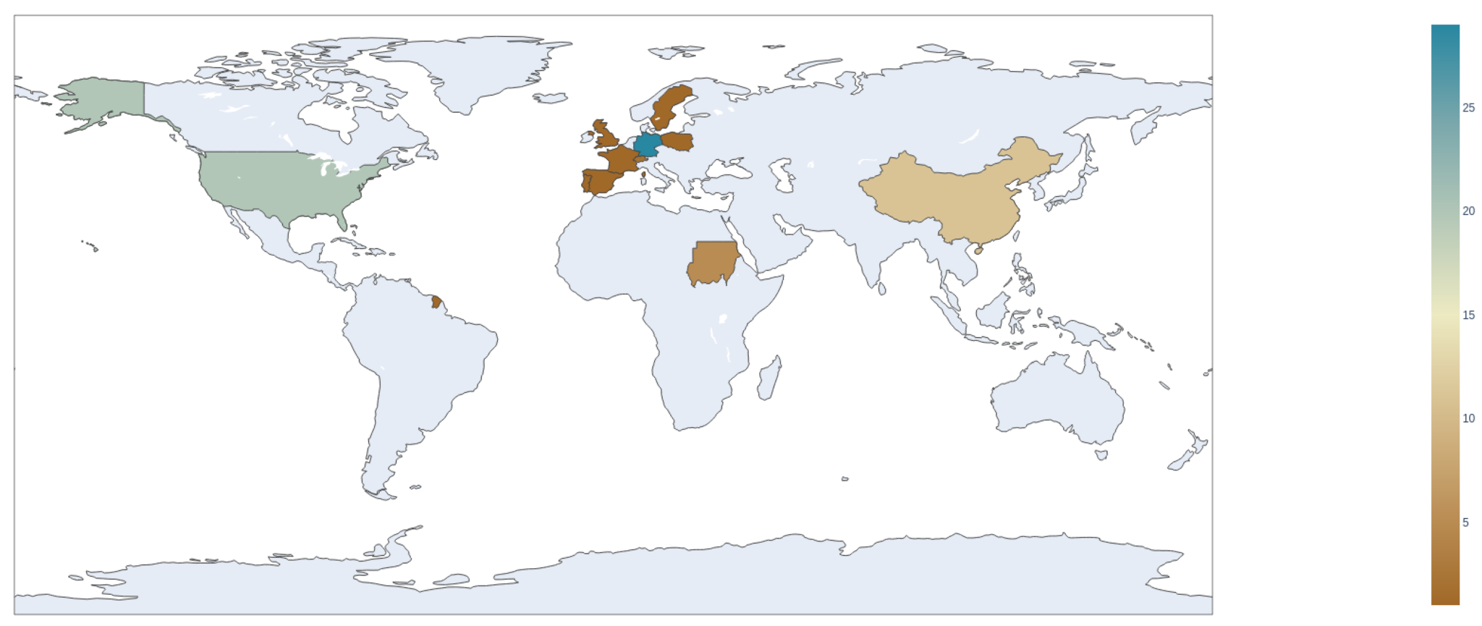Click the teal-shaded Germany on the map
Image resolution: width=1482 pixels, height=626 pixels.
click(647, 144)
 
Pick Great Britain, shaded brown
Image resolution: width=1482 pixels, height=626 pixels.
click(607, 137)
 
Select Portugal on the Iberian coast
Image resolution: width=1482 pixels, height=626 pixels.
click(586, 182)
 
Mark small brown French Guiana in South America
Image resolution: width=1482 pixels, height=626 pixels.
click(436, 300)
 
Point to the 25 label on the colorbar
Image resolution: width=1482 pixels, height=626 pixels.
click(1468, 108)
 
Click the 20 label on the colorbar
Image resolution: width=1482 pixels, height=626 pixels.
click(1468, 211)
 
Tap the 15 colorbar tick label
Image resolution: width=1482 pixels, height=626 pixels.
click(1468, 315)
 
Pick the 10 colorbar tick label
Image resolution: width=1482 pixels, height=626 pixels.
click(1468, 418)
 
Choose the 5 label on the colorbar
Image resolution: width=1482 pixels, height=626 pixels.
click(1465, 523)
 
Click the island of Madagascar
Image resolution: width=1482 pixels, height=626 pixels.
click(769, 378)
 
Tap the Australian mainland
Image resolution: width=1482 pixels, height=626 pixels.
click(1057, 398)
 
